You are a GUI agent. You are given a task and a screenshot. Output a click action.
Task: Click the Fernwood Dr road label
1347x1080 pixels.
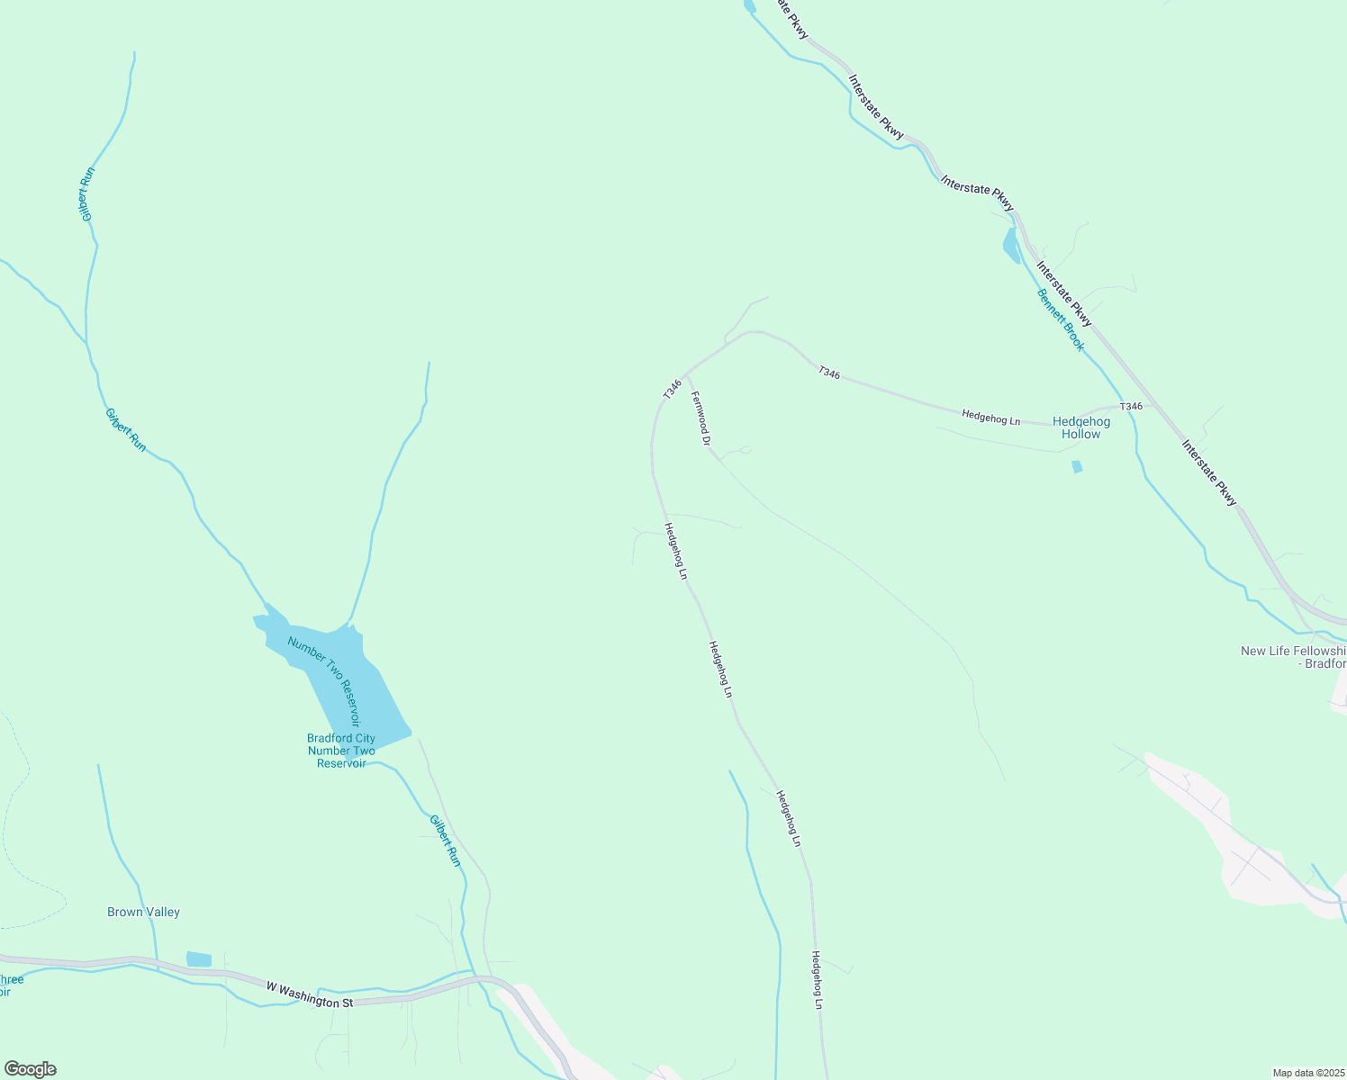(701, 418)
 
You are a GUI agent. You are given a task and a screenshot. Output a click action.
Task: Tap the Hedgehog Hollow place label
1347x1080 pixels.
(1080, 427)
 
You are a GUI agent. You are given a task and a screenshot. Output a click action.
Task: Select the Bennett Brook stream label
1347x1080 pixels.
(1061, 319)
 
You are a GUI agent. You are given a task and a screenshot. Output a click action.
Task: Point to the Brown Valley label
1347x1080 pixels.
(143, 912)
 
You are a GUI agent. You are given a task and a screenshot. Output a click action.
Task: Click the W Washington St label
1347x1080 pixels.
(310, 994)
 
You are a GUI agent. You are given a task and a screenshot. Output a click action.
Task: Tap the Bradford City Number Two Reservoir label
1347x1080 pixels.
(341, 751)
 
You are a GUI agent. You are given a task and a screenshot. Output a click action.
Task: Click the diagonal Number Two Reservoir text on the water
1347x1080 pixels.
(324, 681)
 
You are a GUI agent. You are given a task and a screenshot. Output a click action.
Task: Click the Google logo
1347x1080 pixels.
(30, 1069)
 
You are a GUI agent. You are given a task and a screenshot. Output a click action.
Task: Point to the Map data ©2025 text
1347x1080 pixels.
(1306, 1073)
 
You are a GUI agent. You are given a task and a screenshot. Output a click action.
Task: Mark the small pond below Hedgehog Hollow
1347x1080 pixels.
(1077, 466)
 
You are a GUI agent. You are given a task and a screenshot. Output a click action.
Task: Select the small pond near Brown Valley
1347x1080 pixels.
(199, 959)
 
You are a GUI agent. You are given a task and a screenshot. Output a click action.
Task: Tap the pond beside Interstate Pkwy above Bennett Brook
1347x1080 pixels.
(1011, 245)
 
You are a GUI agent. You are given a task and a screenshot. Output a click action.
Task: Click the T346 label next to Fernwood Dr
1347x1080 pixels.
(672, 389)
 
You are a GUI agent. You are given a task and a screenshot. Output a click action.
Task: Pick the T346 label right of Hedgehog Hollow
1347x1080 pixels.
(1131, 406)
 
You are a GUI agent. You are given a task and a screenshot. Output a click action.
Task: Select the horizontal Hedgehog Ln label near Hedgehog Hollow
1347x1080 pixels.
(990, 417)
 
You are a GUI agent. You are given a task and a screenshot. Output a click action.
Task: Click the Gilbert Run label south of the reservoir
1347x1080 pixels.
(445, 841)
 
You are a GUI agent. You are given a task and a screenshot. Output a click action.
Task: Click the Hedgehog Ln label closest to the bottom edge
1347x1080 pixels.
(818, 979)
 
